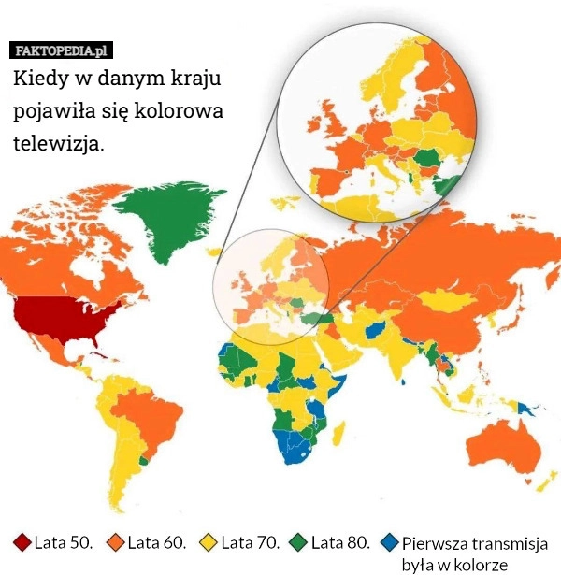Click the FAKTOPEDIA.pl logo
click(x=62, y=50)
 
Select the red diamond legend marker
click(x=22, y=542)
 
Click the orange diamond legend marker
click(x=116, y=542)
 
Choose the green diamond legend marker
click(x=299, y=542)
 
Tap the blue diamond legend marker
click(x=390, y=542)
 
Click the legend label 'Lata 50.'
click(x=63, y=542)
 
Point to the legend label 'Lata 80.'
click(x=340, y=542)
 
